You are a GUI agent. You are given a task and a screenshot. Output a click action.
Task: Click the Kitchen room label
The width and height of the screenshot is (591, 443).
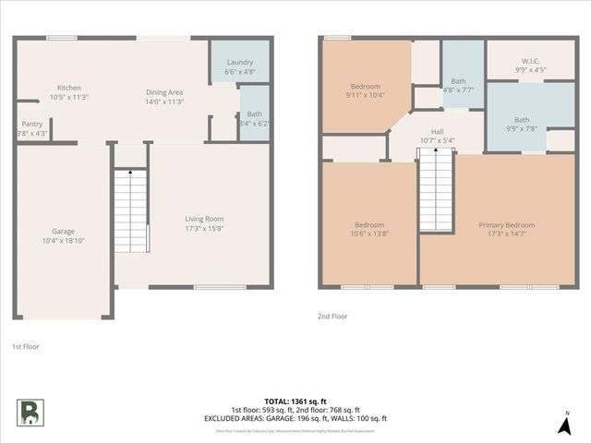[69, 88]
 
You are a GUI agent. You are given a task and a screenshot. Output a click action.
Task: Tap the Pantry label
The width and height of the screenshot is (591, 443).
[32, 124]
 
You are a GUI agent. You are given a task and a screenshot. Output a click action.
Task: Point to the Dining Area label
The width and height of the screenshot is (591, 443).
[164, 92]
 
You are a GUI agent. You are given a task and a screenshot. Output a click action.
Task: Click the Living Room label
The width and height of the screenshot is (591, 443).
[204, 219]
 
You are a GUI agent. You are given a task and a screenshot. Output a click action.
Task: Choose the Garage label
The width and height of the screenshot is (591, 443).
[63, 231]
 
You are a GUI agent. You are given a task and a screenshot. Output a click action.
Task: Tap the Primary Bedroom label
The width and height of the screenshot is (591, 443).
[506, 225]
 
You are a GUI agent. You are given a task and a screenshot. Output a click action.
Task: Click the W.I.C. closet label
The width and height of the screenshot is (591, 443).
[529, 61]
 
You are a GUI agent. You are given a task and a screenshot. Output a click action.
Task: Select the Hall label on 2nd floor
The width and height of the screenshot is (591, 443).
[438, 132]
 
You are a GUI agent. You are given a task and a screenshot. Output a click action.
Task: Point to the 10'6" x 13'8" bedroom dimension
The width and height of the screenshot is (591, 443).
[369, 234]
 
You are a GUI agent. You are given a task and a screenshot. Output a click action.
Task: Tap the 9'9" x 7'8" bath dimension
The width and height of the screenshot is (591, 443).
[522, 128]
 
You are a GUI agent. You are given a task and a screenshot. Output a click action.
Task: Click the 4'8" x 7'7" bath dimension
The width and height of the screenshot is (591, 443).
[458, 90]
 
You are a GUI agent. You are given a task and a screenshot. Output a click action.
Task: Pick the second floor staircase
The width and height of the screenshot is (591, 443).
[436, 194]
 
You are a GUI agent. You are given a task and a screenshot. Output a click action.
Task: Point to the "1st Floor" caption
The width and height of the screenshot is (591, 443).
[25, 346]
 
